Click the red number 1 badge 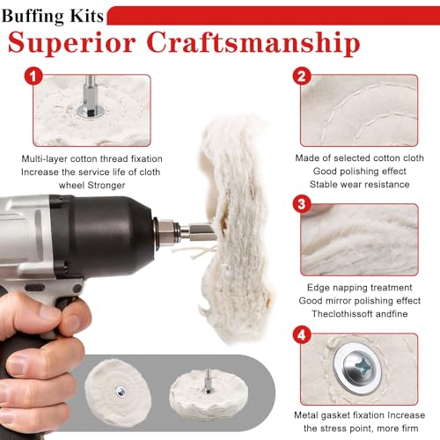tap(33, 77)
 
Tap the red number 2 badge tap(302, 77)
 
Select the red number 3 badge tap(302, 204)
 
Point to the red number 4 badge tap(302, 335)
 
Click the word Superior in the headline tap(72, 43)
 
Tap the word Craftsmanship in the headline tap(253, 43)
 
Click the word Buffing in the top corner tap(33, 16)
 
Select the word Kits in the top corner tap(87, 15)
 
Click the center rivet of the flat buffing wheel tap(121, 392)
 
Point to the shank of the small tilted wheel tap(208, 381)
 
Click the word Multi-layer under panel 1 tap(44, 158)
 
